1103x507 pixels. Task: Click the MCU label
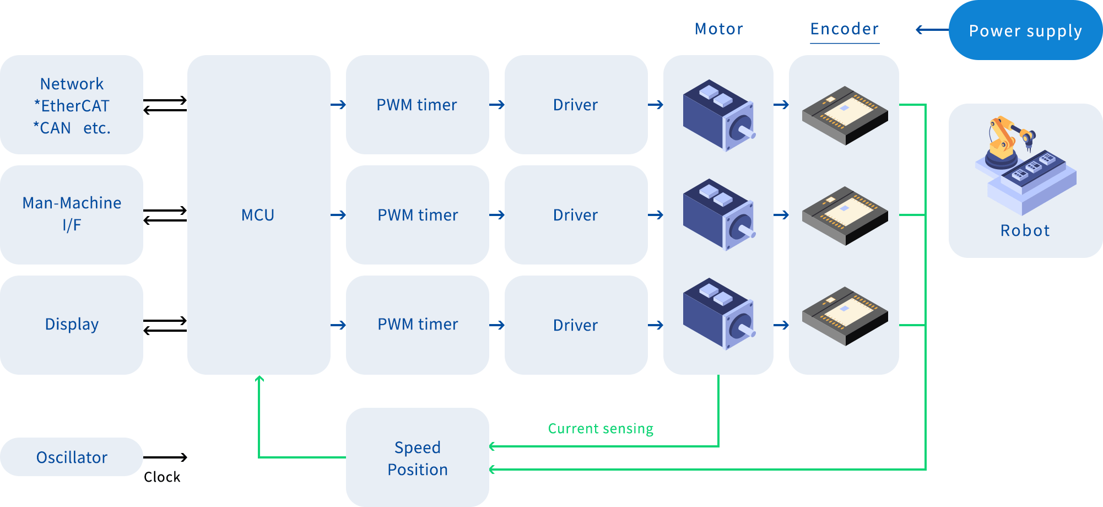[x=258, y=215]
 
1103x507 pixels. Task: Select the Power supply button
[x=1025, y=31]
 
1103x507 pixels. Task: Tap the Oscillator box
[x=72, y=457]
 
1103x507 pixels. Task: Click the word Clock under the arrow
[x=162, y=477]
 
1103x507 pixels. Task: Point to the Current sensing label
[x=601, y=429]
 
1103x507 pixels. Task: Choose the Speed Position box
[x=417, y=458]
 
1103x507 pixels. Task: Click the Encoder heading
[x=844, y=29]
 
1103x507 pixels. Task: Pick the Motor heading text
[x=719, y=29]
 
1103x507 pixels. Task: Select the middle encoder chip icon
[x=845, y=215]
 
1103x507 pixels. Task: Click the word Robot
[x=1025, y=230]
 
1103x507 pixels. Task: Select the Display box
[x=72, y=325]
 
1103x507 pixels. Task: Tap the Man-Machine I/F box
[x=72, y=214]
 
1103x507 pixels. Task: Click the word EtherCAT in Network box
[x=75, y=106]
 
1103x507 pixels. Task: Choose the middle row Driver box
[x=576, y=215]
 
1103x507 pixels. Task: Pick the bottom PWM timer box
[x=417, y=325]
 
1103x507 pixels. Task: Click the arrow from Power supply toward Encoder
[x=931, y=30]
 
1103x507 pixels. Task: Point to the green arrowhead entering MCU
[x=259, y=379]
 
